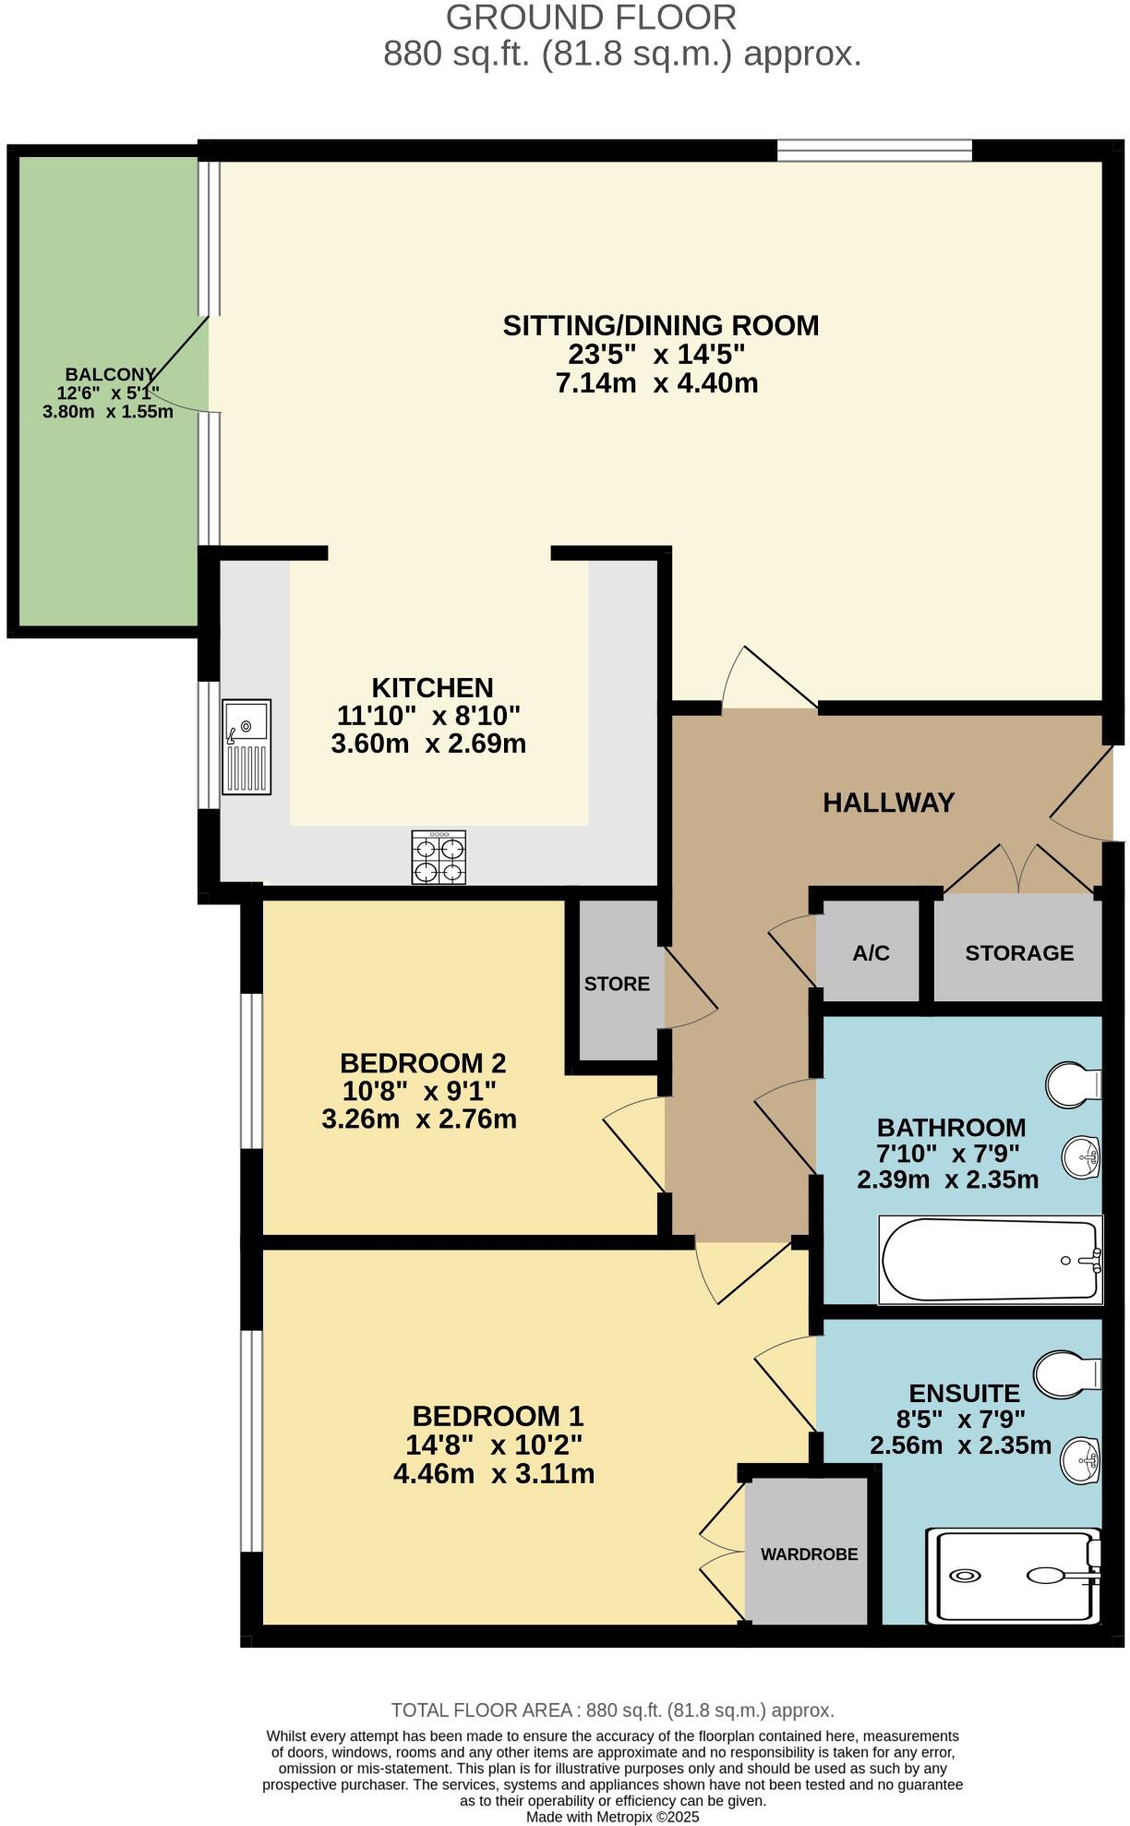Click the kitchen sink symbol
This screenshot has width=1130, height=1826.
(246, 746)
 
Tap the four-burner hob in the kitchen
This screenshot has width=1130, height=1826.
(439, 857)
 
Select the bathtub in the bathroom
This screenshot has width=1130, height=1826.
(990, 1260)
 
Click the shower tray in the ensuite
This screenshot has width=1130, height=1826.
(1014, 1576)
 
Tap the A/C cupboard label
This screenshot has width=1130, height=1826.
(871, 953)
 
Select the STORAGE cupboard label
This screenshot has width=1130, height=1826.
(1019, 953)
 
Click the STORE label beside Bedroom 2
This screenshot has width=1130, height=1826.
(617, 984)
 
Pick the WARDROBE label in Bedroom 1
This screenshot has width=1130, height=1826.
(809, 1554)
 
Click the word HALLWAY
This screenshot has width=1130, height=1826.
(888, 803)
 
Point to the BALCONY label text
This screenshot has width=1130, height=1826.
(110, 374)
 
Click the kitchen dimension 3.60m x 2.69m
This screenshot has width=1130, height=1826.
(428, 744)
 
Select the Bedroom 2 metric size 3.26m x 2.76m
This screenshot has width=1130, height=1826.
(418, 1119)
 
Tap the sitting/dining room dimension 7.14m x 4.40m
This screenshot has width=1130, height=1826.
(656, 383)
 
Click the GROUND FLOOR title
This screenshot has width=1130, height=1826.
(591, 18)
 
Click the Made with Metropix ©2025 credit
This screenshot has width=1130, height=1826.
(612, 1817)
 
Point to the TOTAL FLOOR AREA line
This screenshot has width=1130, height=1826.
(612, 1710)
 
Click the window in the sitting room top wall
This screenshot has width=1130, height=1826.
(874, 150)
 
